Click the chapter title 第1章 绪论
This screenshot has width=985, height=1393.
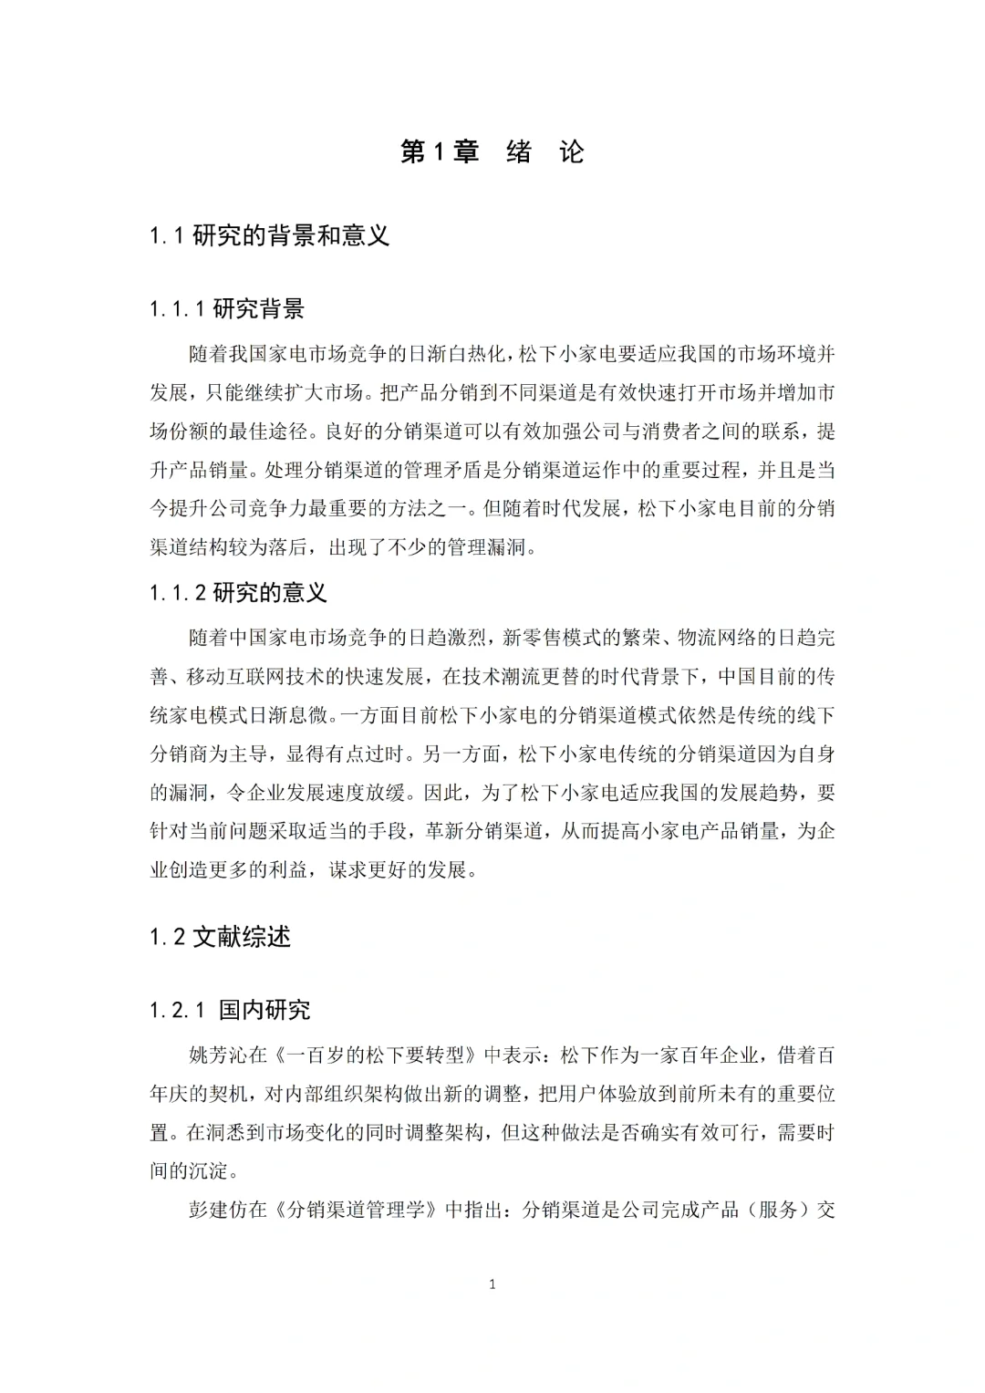pos(493,152)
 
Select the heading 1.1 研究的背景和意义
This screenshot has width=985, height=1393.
pos(270,236)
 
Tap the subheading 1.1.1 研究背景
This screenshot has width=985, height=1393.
pos(227,309)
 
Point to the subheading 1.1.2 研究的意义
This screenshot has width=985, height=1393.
pos(238,593)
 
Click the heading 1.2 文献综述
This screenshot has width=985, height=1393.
pos(220,937)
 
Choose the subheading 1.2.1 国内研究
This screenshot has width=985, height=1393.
pos(230,1010)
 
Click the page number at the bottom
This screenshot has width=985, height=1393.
pos(493,1284)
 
